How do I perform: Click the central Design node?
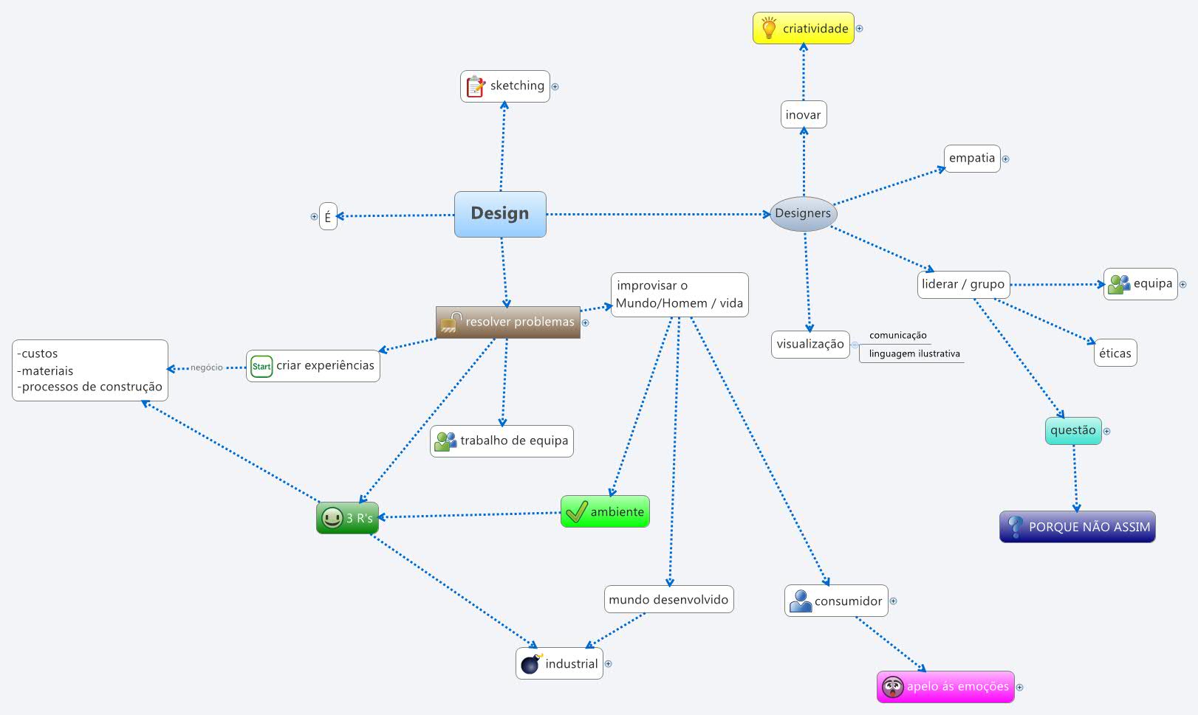(x=500, y=214)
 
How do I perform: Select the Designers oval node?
(x=803, y=213)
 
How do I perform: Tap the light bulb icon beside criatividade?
(x=769, y=28)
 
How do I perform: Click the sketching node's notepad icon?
(x=476, y=86)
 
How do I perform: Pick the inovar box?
(x=804, y=115)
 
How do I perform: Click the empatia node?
(x=971, y=158)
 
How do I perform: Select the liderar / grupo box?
(x=963, y=284)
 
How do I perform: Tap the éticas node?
(x=1115, y=353)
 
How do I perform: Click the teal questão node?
(x=1072, y=430)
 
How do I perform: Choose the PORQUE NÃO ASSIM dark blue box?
(x=1078, y=527)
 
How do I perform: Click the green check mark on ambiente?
(x=576, y=511)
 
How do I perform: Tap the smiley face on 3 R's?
(x=332, y=517)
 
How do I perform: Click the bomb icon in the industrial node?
(x=531, y=663)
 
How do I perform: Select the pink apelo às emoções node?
(x=945, y=687)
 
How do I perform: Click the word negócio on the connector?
(x=207, y=367)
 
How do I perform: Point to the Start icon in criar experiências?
(x=261, y=366)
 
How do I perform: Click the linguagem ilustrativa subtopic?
(x=914, y=354)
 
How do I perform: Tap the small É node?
(x=328, y=217)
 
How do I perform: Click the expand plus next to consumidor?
(x=893, y=601)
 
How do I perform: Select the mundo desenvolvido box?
(x=668, y=600)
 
